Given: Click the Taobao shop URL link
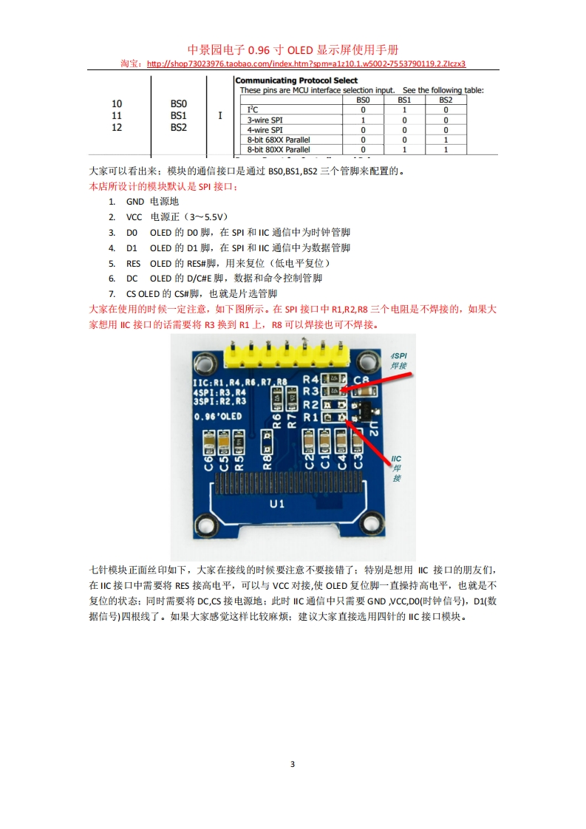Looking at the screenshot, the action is tap(307, 64).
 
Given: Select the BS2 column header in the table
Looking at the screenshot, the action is tap(446, 100).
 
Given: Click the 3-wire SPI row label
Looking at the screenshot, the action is tap(265, 120).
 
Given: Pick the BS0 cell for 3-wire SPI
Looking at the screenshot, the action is tap(363, 120).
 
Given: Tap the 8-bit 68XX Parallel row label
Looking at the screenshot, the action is tap(278, 140).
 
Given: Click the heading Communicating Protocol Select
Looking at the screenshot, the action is tap(296, 81).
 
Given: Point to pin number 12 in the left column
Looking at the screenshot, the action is tap(117, 127).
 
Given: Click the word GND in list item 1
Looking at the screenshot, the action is tap(135, 201).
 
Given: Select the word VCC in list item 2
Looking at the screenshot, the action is tap(134, 217).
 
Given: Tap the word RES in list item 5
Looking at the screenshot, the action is tap(134, 263).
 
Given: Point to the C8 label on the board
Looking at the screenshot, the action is tap(361, 380).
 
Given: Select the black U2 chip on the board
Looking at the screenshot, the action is tap(363, 411).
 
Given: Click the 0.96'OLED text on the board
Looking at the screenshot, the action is tap(217, 416).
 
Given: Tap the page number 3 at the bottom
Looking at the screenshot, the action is tap(293, 764).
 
